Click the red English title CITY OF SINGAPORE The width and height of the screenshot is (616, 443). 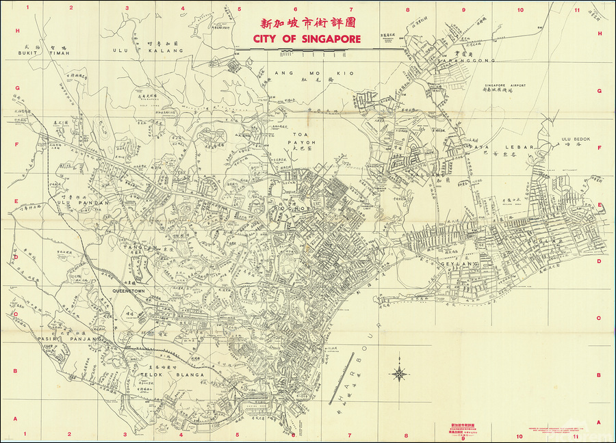coord(307,38)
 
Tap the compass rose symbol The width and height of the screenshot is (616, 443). coord(398,373)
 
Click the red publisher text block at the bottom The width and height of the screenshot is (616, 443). coord(463,428)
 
